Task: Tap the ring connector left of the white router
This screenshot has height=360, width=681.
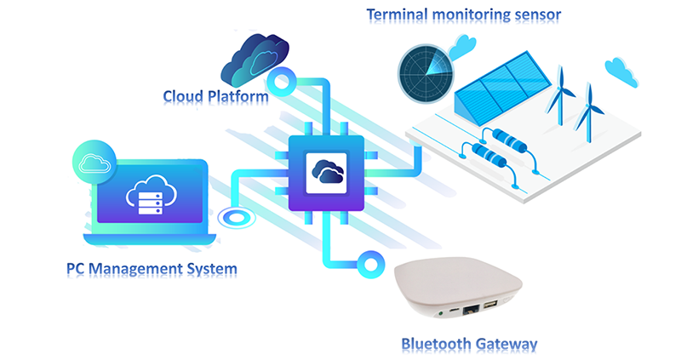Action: pyautogui.click(x=371, y=259)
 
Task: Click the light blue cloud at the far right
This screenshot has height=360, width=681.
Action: pyautogui.click(x=621, y=71)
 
